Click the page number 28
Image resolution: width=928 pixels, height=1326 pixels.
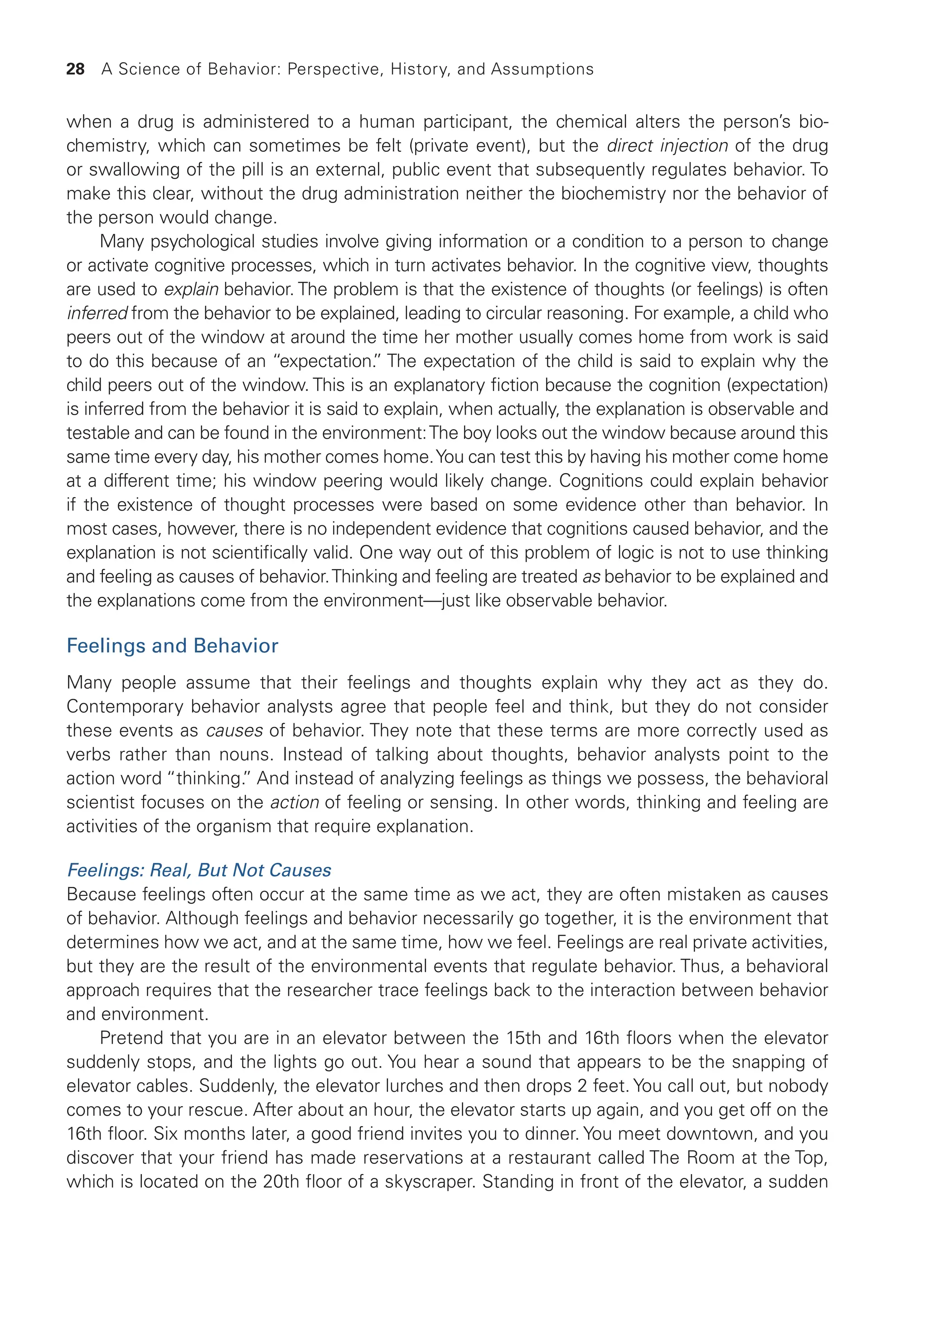point(75,69)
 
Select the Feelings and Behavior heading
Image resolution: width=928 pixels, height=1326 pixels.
point(172,646)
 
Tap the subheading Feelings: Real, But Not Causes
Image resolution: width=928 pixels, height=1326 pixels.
point(199,871)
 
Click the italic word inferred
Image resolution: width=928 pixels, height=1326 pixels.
point(97,314)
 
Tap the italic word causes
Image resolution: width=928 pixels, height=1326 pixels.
point(234,731)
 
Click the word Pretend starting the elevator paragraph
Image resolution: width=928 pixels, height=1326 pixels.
point(130,1038)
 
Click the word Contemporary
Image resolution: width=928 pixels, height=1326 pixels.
point(124,707)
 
